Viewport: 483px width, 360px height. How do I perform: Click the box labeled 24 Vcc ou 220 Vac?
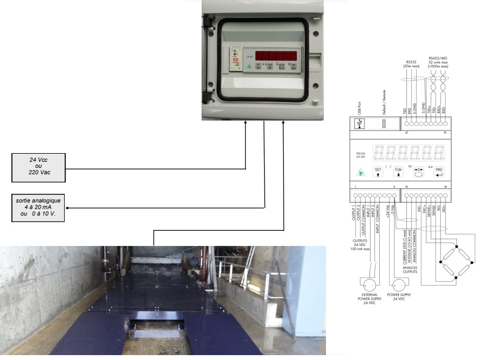coord(39,168)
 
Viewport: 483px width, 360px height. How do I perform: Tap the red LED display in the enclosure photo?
coord(277,55)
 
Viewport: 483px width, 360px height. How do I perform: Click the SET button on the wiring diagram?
coord(378,172)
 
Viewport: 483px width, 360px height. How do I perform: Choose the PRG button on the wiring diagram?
coord(439,172)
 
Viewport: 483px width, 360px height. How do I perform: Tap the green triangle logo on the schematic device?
coord(360,173)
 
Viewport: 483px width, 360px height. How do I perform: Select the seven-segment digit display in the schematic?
coord(409,152)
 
